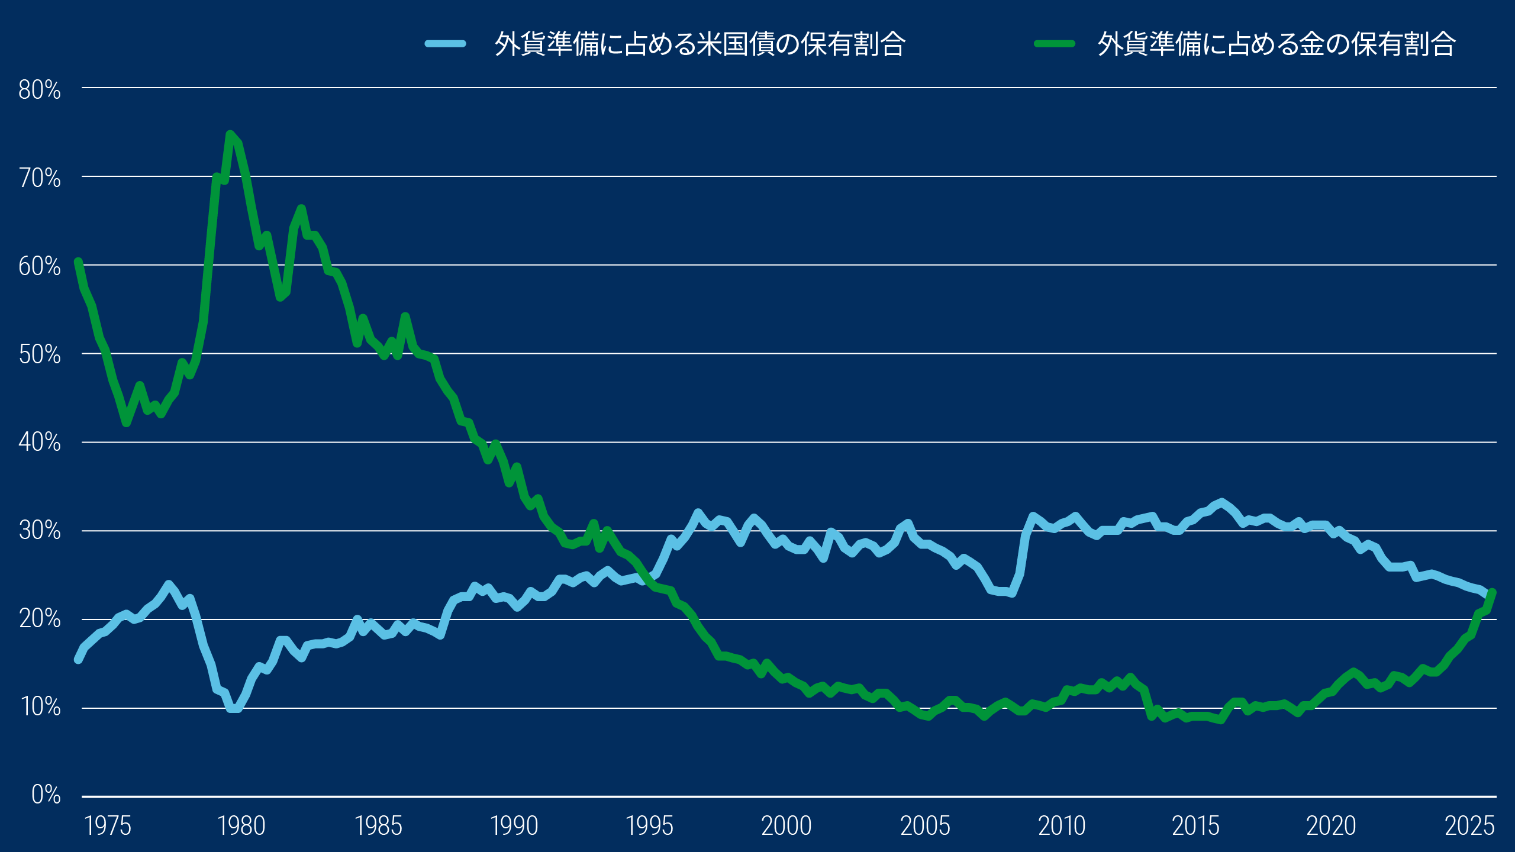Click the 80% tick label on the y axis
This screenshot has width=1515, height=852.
pyautogui.click(x=39, y=90)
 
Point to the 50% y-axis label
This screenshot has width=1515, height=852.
pyautogui.click(x=39, y=355)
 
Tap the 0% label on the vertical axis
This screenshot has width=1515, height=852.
pyautogui.click(x=46, y=795)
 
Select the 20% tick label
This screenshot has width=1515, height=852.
pyautogui.click(x=39, y=619)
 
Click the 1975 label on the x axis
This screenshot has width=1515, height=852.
pyautogui.click(x=108, y=826)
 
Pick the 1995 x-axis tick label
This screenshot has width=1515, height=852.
pyautogui.click(x=649, y=826)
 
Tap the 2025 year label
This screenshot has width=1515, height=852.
pyautogui.click(x=1469, y=826)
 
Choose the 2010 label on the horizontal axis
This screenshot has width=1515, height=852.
pyautogui.click(x=1062, y=826)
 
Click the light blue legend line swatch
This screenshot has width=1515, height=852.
pyautogui.click(x=446, y=44)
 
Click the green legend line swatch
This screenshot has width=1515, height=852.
pyautogui.click(x=1054, y=44)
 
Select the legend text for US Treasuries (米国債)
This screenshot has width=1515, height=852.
pyautogui.click(x=700, y=44)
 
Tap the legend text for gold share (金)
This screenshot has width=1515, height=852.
pyautogui.click(x=1276, y=44)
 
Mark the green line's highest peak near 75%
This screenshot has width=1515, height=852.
pyautogui.click(x=230, y=134)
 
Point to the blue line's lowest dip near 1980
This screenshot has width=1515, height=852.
pyautogui.click(x=234, y=708)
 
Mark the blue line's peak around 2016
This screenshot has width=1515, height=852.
pyautogui.click(x=1221, y=502)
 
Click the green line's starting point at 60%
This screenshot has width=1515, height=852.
pyautogui.click(x=78, y=262)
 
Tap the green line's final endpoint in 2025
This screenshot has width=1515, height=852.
pyautogui.click(x=1493, y=592)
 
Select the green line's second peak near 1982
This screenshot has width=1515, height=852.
pyautogui.click(x=301, y=209)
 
